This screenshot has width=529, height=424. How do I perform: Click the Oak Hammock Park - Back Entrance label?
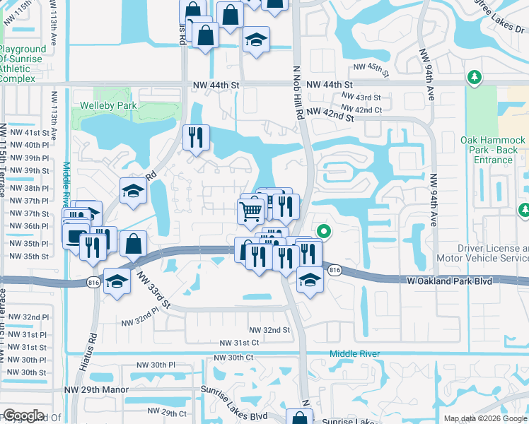pos(493,150)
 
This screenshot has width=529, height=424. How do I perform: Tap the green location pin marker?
pos(324,231)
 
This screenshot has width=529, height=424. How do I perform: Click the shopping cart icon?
pos(250,211)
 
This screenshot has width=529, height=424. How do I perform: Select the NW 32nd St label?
pos(269,330)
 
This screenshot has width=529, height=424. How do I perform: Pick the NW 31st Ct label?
pos(240,343)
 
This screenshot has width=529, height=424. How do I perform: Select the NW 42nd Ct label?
pos(363,110)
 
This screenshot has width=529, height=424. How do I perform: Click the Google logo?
pos(23,416)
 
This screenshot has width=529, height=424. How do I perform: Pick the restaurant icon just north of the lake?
pos(195,137)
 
